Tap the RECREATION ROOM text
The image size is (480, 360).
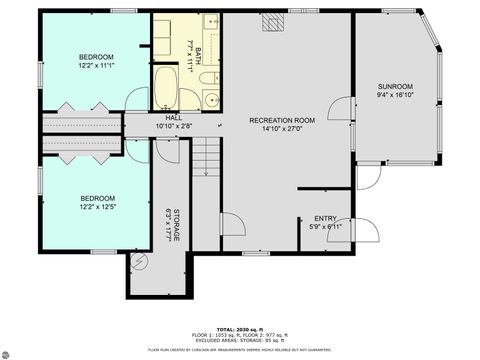click(281, 120)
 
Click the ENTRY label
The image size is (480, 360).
click(325, 218)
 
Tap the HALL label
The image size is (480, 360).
click(173, 119)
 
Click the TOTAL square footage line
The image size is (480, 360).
click(240, 327)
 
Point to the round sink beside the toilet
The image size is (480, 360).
click(211, 98)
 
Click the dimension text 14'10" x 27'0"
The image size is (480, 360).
click(281, 128)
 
